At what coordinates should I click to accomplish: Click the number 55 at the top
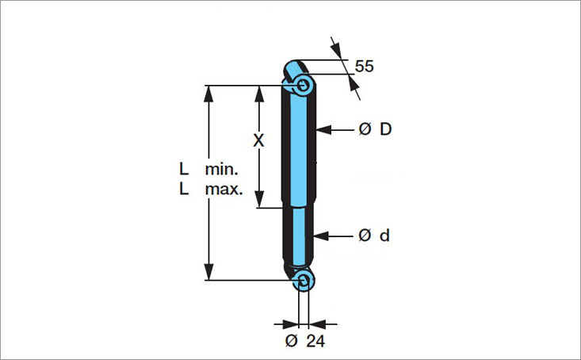pyautogui.click(x=364, y=67)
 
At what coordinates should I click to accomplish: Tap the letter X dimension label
pyautogui.click(x=258, y=140)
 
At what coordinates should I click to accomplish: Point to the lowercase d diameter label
pyautogui.click(x=384, y=236)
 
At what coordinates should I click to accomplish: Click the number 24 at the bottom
pyautogui.click(x=315, y=341)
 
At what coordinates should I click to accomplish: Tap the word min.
pyautogui.click(x=221, y=169)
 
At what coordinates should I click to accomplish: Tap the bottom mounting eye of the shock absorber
pyautogui.click(x=303, y=279)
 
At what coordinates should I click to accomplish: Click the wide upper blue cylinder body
pyautogui.click(x=300, y=147)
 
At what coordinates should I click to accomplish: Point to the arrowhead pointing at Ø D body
pyautogui.click(x=323, y=129)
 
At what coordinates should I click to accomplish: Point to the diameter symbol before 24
pyautogui.click(x=291, y=341)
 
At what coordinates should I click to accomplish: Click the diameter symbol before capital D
pyautogui.click(x=365, y=129)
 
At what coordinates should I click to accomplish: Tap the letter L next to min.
pyautogui.click(x=184, y=169)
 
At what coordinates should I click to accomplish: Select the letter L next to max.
pyautogui.click(x=184, y=190)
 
